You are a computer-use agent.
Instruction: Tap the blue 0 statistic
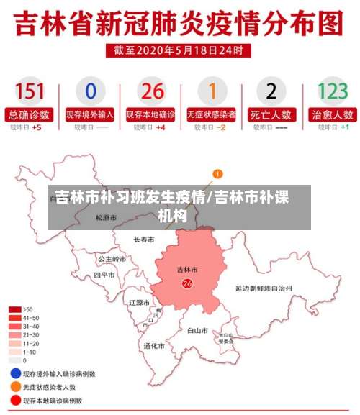90,91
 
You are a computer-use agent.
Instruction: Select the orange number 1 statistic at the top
212,91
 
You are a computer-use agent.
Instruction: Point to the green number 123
332,91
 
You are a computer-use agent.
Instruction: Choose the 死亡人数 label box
271,114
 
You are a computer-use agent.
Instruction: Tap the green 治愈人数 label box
332,114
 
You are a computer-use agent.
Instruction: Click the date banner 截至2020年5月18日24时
180,50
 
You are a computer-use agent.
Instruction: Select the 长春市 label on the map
144,239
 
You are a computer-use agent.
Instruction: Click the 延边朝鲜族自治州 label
264,287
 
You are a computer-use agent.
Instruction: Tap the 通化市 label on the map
154,346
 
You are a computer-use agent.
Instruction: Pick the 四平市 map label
104,275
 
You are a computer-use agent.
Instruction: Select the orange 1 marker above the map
218,174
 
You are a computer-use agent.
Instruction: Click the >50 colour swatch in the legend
14,309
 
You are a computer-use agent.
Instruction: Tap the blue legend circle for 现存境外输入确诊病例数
15,374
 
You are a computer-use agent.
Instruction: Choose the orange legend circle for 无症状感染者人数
15,387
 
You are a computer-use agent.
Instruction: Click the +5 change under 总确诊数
37,127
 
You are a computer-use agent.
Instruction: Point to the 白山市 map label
197,331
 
